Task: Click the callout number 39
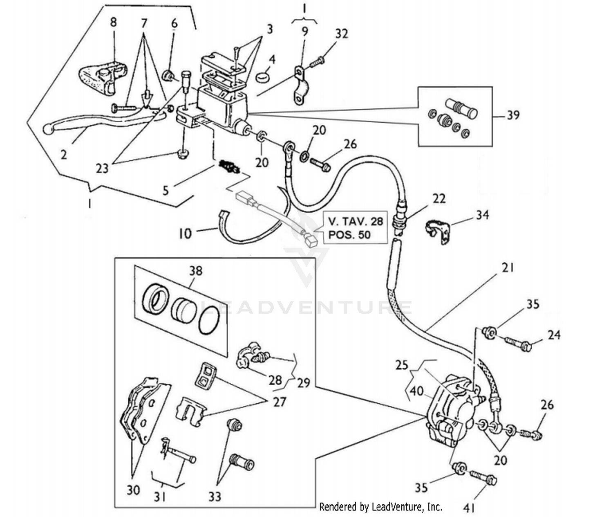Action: pos(513,115)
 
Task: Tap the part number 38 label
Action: pos(195,271)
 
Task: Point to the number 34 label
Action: pos(482,215)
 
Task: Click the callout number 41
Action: pos(469,508)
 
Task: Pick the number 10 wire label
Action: pos(185,234)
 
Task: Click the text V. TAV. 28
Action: pos(356,221)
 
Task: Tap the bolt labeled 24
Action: pos(518,344)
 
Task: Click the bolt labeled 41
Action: pos(483,477)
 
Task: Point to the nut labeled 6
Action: pos(168,76)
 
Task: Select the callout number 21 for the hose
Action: pos(507,268)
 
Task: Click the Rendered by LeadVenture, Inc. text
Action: pos(380,507)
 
